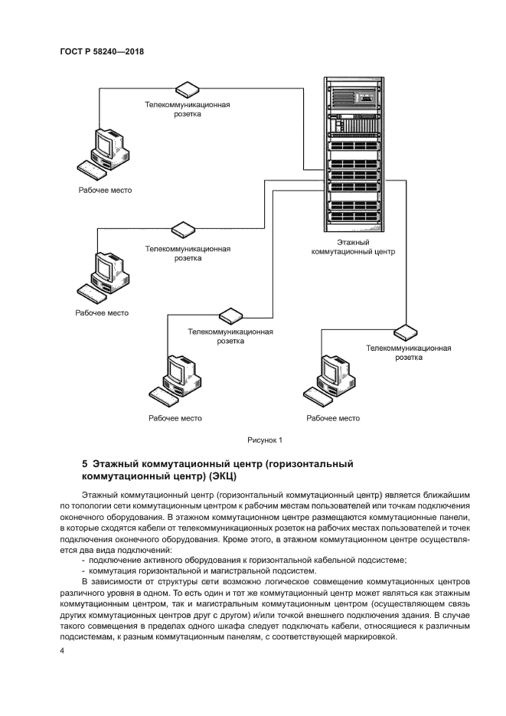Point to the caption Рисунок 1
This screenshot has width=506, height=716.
click(x=265, y=440)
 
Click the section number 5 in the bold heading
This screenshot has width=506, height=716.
click(x=85, y=464)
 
